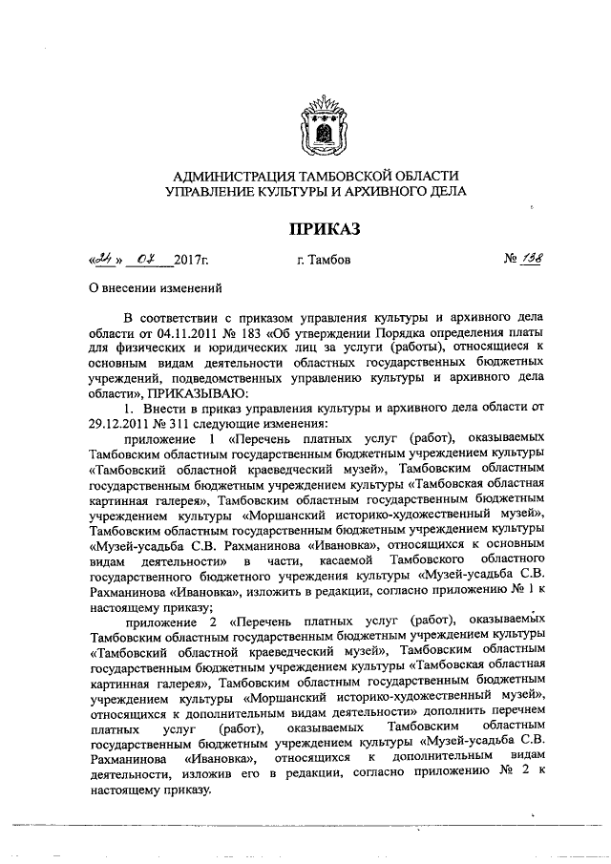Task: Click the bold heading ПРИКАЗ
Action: click(315, 229)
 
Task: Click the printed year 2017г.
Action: click(191, 259)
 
